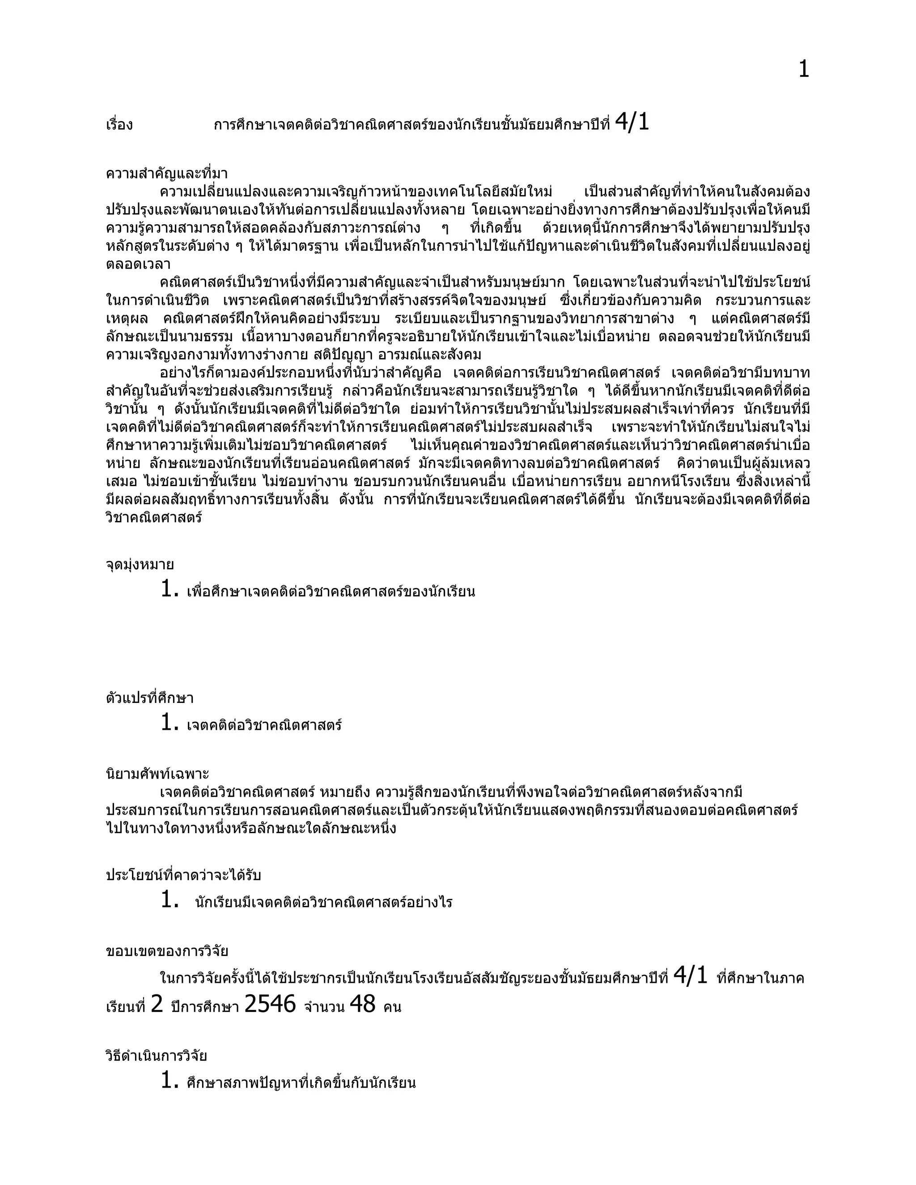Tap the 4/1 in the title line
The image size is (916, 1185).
[632, 123]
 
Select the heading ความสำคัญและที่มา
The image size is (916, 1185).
[166, 174]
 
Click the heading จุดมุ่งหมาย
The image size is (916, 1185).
[140, 565]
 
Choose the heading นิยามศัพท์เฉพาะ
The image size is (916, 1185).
[157, 774]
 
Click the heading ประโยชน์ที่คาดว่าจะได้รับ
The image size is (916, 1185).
[183, 875]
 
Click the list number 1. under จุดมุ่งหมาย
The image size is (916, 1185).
[170, 589]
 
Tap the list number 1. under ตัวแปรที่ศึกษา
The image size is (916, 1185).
[170, 723]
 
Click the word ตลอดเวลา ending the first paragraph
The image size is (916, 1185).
[138, 265]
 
